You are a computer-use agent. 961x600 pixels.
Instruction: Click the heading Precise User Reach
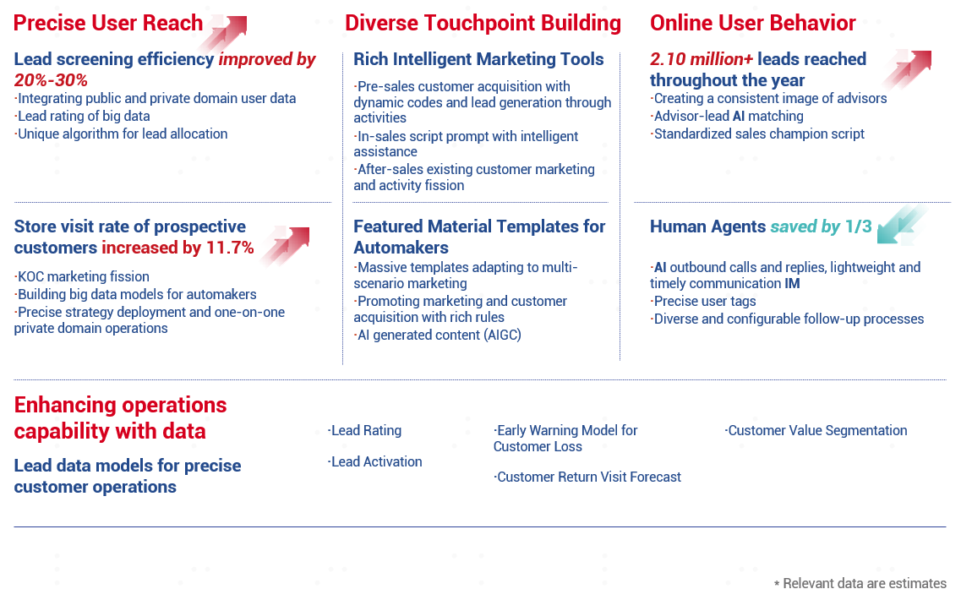click(108, 23)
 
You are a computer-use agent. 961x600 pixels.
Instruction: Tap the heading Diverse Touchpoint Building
click(483, 23)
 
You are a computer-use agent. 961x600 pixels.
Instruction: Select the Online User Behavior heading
click(752, 23)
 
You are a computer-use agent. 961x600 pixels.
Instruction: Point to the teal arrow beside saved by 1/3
click(901, 226)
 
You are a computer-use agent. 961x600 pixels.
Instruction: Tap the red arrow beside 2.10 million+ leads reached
click(907, 69)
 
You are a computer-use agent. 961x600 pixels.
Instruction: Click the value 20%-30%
click(51, 80)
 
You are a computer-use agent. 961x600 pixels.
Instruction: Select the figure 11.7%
click(230, 248)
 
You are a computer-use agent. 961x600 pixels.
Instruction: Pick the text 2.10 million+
click(702, 59)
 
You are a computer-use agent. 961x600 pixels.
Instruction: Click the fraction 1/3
click(858, 226)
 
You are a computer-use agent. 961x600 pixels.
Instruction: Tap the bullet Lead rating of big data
click(82, 116)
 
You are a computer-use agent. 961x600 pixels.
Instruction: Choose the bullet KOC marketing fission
click(81, 276)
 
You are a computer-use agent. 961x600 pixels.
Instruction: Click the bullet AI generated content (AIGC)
click(437, 335)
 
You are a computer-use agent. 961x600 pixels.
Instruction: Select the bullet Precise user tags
click(703, 302)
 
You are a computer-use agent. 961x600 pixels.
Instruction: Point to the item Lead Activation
click(374, 461)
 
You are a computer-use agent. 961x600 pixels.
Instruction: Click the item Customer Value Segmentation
click(816, 430)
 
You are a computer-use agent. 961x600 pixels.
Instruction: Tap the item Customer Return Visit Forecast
click(587, 477)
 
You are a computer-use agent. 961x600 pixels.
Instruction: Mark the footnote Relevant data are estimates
click(860, 583)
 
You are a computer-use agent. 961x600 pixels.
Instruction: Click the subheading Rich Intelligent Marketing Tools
click(478, 59)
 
